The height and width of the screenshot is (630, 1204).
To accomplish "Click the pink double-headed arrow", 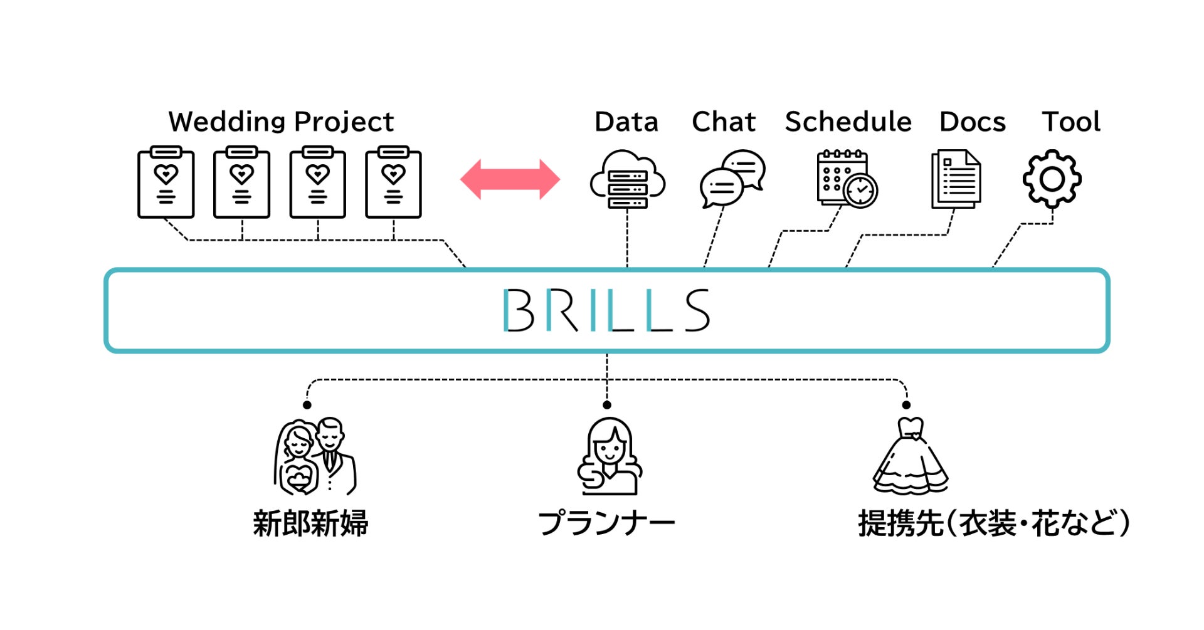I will [x=510, y=179].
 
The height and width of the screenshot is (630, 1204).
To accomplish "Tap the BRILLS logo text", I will [x=606, y=310].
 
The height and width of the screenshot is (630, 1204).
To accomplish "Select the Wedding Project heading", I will [x=281, y=122].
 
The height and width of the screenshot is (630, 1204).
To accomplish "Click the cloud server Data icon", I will [x=628, y=179].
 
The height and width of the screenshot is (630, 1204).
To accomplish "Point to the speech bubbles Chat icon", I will [x=732, y=179].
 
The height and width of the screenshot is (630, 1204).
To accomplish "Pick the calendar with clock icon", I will [x=847, y=179].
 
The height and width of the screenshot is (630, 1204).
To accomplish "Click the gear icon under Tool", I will [x=1052, y=179].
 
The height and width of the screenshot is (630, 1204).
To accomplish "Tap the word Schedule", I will [x=848, y=122].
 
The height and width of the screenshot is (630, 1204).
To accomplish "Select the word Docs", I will [x=972, y=122].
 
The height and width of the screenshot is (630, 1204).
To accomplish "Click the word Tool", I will [x=1071, y=122].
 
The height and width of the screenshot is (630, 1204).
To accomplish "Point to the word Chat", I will [x=724, y=122].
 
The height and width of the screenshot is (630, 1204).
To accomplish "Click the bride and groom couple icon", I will [x=315, y=456].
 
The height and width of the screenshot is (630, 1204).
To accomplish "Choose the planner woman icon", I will [x=609, y=456].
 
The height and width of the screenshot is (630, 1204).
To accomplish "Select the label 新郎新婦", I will [x=310, y=523].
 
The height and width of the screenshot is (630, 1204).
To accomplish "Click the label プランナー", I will [x=606, y=523].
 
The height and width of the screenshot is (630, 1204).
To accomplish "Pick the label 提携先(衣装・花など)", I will [x=994, y=523].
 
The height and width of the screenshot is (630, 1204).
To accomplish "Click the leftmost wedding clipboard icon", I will [x=166, y=182].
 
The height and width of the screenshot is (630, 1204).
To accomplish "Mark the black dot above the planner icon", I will [x=606, y=405].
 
